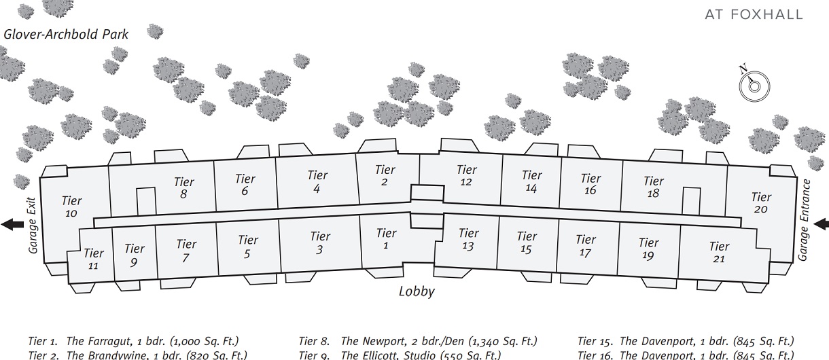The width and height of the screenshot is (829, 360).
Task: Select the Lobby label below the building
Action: (417, 292)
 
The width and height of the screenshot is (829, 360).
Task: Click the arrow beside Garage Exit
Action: (12, 224)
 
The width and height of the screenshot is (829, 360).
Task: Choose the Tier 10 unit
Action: (71, 206)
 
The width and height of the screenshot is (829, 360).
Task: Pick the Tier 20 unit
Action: (761, 203)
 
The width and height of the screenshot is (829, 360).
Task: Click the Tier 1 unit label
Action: (386, 239)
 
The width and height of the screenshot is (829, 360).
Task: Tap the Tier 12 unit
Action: (466, 175)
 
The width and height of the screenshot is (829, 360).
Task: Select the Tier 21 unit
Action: (719, 252)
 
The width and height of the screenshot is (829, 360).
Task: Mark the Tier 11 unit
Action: (93, 259)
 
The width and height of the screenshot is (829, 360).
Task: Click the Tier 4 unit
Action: (317, 181)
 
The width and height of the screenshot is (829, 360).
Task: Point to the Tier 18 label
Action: (653, 187)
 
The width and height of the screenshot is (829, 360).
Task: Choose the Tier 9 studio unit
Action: (135, 255)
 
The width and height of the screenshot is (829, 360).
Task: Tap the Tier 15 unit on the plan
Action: (527, 242)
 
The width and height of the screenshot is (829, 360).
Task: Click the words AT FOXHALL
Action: (754, 14)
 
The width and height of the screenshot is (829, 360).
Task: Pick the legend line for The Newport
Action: (418, 341)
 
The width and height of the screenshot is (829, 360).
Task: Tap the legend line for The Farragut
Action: (133, 341)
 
